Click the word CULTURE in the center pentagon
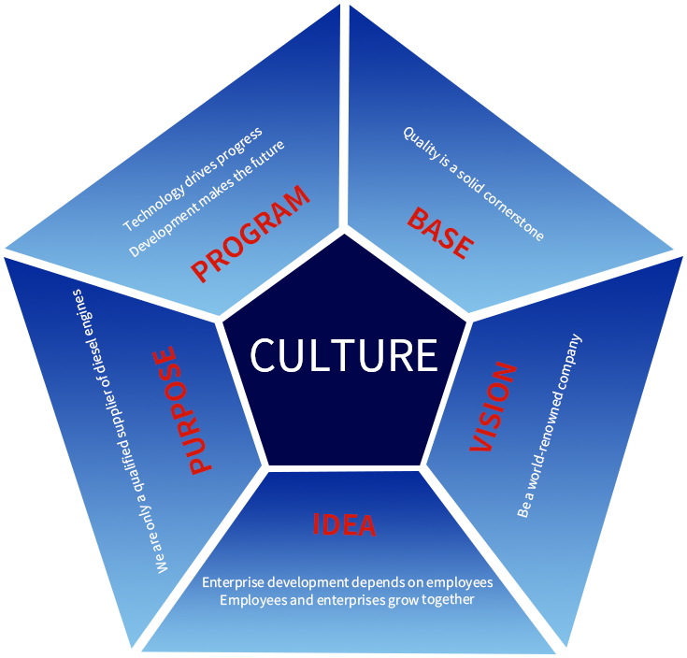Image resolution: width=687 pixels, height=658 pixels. pos(344,356)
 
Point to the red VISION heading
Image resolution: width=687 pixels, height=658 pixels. pos(493,408)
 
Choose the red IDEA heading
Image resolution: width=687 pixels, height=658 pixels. pos(343,524)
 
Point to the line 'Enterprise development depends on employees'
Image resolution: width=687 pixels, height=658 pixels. pos(347,582)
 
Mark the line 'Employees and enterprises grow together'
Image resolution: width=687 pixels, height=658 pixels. pos(347,600)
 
